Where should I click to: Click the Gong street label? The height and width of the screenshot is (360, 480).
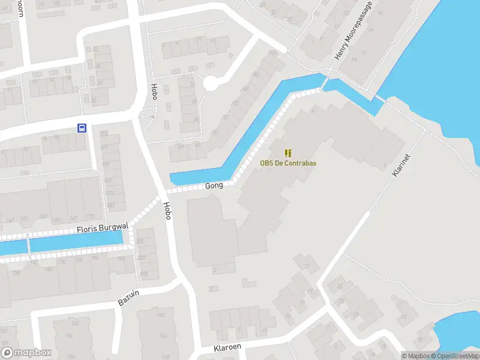[214, 185]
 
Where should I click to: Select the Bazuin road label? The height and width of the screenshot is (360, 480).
[128, 296]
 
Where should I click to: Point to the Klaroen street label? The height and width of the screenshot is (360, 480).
[227, 348]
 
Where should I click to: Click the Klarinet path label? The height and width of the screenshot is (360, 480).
[401, 164]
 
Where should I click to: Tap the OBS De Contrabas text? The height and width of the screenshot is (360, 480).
[288, 163]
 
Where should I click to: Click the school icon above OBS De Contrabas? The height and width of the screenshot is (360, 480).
[288, 152]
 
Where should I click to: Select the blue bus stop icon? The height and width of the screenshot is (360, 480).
[82, 127]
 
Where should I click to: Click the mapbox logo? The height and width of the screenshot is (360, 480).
[26, 353]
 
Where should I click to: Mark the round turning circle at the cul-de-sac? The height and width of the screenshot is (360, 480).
[211, 83]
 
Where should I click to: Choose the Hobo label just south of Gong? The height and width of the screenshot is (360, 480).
[167, 210]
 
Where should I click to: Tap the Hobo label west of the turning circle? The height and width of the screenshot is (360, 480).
[154, 91]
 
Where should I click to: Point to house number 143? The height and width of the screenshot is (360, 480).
[160, 315]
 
